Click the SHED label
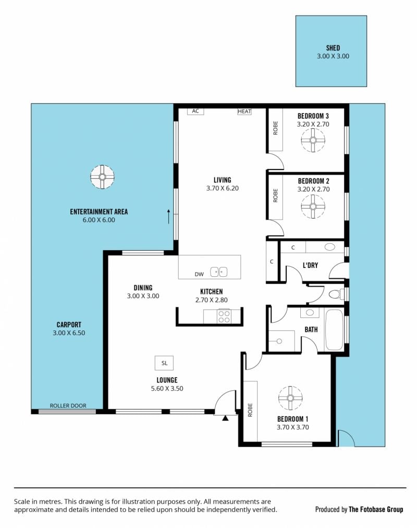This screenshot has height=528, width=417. [x=333, y=48]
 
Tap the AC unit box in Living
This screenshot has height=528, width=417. [x=195, y=112]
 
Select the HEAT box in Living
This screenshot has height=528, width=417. [x=244, y=112]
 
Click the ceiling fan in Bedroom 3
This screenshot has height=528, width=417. [x=313, y=140]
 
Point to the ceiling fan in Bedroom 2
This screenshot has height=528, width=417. [x=313, y=206]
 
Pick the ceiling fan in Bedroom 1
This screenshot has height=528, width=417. [x=290, y=398]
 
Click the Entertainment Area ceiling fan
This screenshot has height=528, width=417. [x=102, y=177]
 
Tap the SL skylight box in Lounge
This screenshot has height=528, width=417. [x=164, y=363]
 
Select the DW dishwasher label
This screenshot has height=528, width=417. [x=199, y=274]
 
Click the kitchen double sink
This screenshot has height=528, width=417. [x=218, y=272]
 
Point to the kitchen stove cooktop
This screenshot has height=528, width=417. [x=224, y=316]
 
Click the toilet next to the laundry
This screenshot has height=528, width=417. [x=337, y=294]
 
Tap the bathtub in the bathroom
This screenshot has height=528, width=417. [x=334, y=330]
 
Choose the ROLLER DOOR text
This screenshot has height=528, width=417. [x=68, y=406]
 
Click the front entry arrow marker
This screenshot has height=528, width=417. [x=225, y=418]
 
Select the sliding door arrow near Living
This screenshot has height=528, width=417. [x=169, y=216]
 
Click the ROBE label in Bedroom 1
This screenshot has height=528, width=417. [x=250, y=410]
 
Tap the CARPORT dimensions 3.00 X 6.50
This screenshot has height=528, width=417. [x=69, y=333]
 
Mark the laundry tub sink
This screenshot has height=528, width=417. [x=330, y=247]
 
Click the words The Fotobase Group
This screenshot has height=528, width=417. [x=376, y=509]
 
